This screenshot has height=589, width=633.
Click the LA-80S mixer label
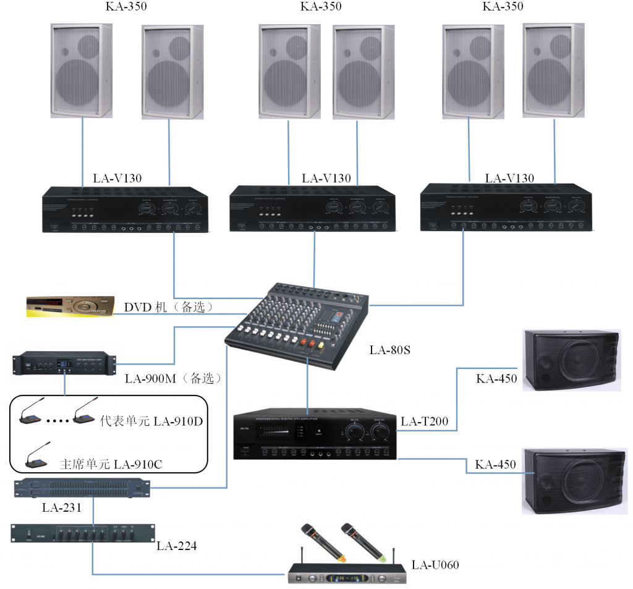point(390,350)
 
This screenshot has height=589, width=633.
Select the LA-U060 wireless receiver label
point(435,564)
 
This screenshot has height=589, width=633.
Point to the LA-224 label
point(177,546)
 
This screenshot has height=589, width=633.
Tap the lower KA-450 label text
point(496,465)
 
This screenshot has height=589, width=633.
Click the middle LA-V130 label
point(326,179)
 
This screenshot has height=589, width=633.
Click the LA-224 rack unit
point(82,533)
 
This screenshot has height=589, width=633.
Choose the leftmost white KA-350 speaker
point(82,71)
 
